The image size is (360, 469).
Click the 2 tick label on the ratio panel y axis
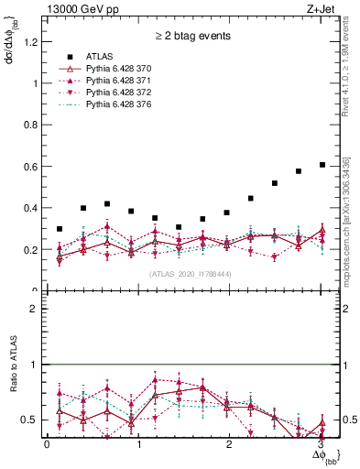click(x=35, y=309)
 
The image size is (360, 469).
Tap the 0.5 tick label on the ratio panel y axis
click(x=31, y=420)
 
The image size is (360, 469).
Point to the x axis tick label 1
click(x=138, y=444)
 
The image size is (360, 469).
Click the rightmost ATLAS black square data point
click(x=322, y=165)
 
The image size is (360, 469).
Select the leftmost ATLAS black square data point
click(x=60, y=229)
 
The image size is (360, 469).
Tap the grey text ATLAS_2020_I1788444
click(x=190, y=274)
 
